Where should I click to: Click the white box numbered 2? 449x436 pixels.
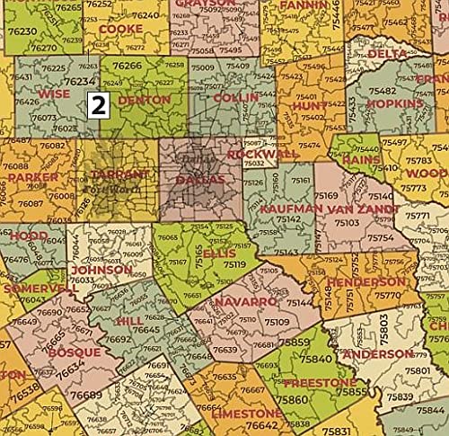tap(99, 103)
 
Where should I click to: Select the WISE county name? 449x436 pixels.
tap(53, 93)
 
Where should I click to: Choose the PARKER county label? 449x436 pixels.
tap(39, 177)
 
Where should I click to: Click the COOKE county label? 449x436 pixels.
tap(120, 29)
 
